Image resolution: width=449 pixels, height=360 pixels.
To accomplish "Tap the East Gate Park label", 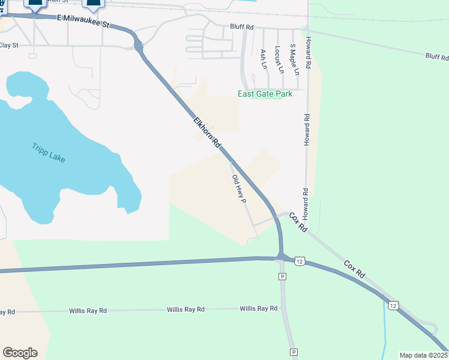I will pos(265,94).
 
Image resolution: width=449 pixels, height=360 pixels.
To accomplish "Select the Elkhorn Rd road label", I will pos(207,133).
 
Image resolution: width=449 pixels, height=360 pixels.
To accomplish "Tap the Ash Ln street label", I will pos(263,59).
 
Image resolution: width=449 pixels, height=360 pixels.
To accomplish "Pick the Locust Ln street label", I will pos(278,59).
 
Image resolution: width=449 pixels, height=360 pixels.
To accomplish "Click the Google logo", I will pos(20,353).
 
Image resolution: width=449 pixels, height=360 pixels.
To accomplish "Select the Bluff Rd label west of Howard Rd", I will pos(242,27).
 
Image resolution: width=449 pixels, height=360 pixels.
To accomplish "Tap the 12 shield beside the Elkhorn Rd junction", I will pos(300,261).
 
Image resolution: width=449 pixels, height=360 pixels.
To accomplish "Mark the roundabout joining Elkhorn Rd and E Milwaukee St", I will pos(138,46).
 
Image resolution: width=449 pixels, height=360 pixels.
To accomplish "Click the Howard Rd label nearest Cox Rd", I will pos(306,203).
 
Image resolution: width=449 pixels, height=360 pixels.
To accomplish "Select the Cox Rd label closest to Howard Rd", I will pos(298,222).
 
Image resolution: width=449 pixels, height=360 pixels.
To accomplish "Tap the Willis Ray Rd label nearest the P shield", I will pos(258,308).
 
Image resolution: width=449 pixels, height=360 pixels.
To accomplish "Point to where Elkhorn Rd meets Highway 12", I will pos(280,257).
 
